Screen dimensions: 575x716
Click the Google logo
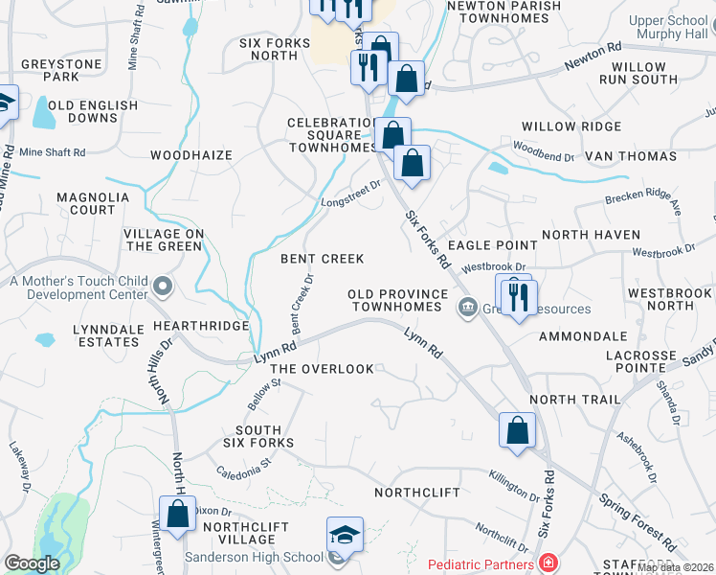pyautogui.click(x=33, y=564)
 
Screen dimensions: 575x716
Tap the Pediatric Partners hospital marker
pyautogui.click(x=548, y=563)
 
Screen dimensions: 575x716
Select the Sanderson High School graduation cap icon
pyautogui.click(x=345, y=535)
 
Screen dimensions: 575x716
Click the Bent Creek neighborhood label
pyautogui.click(x=322, y=259)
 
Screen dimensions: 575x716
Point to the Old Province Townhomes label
pyautogui.click(x=398, y=301)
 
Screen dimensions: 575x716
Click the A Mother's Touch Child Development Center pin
pyautogui.click(x=164, y=285)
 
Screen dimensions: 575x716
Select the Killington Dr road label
pyautogui.click(x=515, y=486)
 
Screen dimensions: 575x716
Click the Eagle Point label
pyautogui.click(x=492, y=245)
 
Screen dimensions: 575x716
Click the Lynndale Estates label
pyautogui.click(x=106, y=335)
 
